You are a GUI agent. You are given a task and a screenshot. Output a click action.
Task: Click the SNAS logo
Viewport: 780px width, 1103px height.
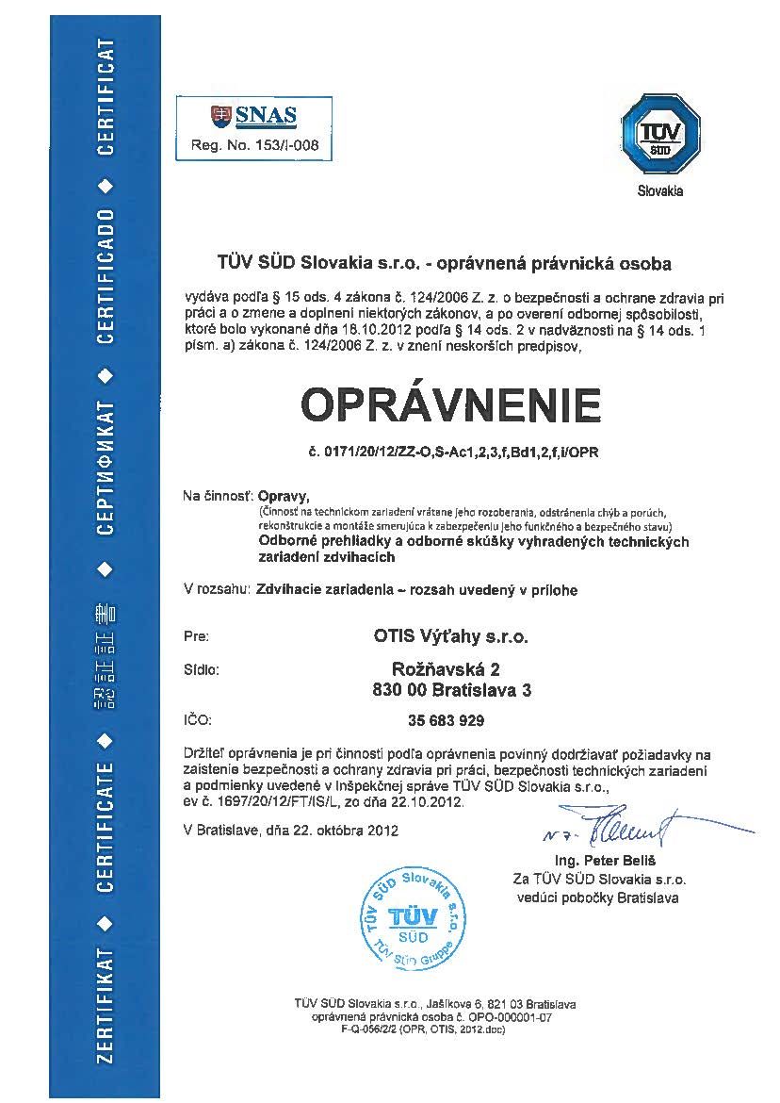coord(253,117)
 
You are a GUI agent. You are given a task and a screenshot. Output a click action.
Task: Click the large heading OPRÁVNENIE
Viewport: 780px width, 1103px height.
coord(450,404)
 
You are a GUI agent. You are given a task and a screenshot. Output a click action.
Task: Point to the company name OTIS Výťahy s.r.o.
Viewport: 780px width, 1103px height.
coord(446,636)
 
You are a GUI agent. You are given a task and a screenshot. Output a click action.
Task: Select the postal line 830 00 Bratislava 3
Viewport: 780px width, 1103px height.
coord(447,690)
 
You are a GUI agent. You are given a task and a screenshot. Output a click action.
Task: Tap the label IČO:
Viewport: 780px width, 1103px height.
coord(198,721)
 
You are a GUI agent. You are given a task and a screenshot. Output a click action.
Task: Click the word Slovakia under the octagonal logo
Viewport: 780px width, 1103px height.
coord(659,191)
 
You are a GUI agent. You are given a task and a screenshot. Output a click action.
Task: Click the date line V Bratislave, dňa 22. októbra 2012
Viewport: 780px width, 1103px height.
coord(291,831)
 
